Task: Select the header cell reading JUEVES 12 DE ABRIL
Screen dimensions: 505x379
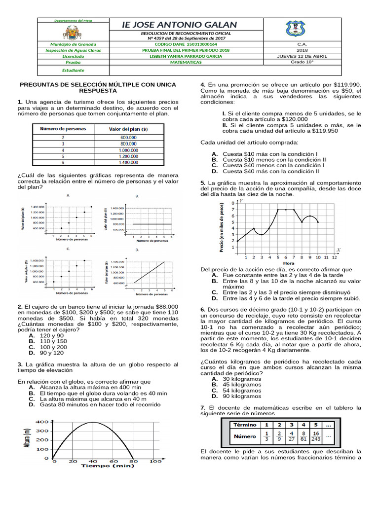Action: tap(302, 56)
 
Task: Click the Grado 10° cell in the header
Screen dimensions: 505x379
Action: tap(302, 63)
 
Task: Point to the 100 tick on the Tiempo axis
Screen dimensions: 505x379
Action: tap(155, 461)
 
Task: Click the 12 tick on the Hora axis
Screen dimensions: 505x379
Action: tap(334, 257)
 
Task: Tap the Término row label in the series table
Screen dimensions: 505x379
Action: tap(245, 424)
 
